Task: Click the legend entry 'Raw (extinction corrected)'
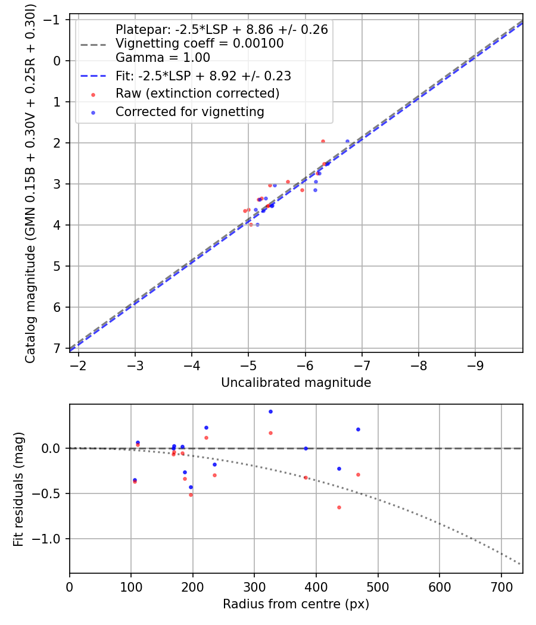197,93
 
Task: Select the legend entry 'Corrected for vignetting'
189,111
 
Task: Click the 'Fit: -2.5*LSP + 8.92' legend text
202,76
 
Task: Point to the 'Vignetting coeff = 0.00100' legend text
200,43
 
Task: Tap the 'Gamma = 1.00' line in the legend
163,58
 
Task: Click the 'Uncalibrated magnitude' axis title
296,383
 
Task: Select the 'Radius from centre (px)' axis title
296,604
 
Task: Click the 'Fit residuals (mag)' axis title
18,489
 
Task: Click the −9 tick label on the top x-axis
475,363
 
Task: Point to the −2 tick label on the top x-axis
79,363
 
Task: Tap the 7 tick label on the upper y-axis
58,348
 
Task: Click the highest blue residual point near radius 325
270,411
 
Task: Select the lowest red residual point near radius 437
339,507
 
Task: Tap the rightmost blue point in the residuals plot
358,429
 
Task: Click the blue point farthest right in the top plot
347,141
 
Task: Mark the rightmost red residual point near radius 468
358,474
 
